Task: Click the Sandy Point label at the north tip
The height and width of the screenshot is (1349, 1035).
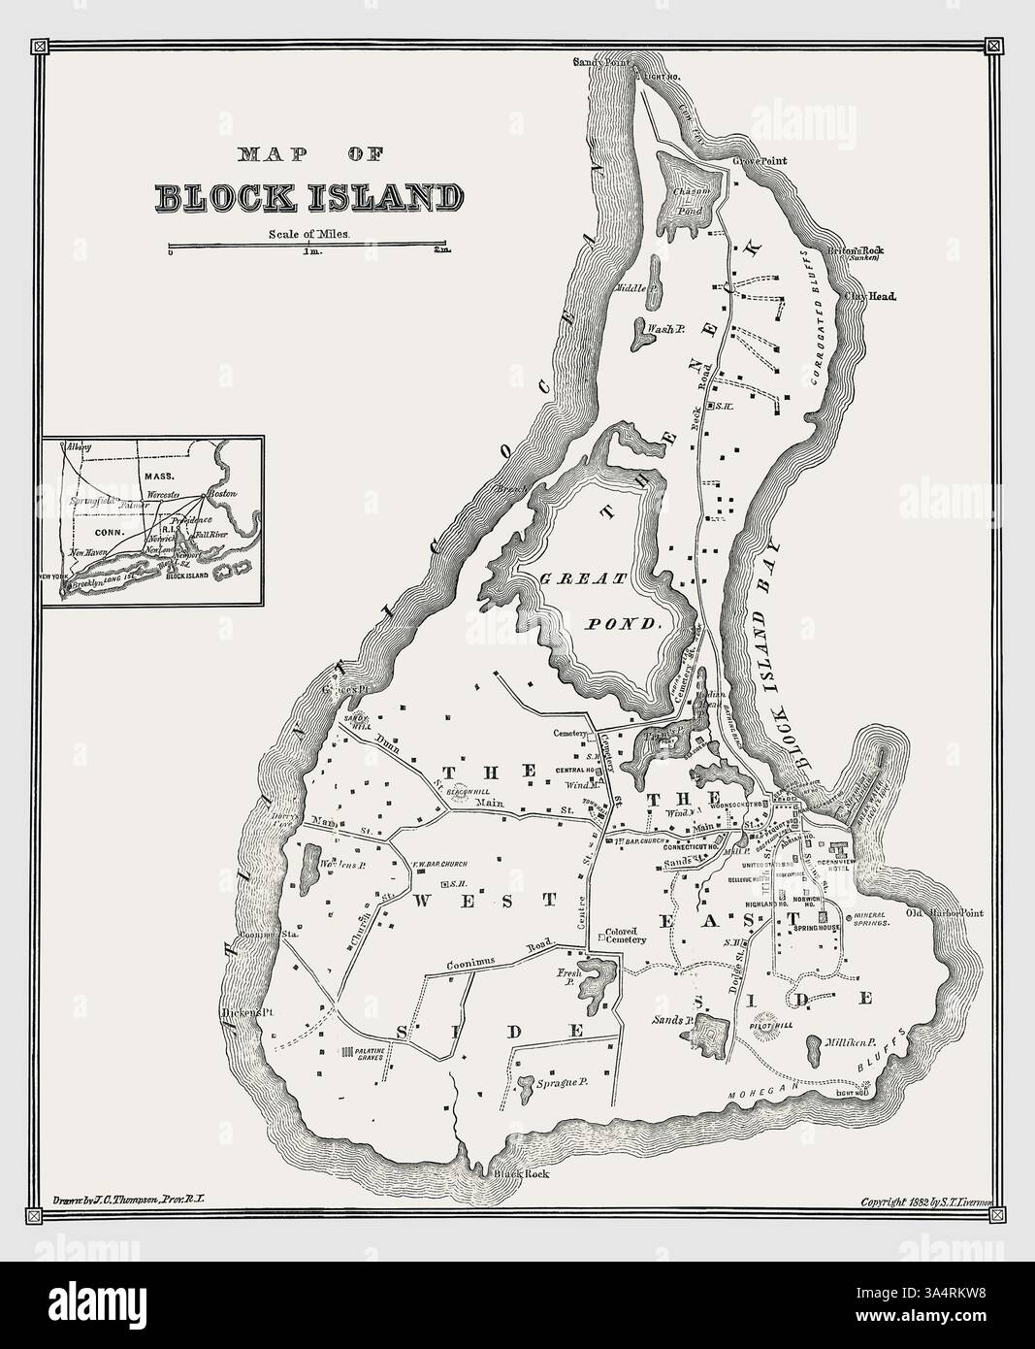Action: pos(600,62)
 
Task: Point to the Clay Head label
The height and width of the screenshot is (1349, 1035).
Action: pos(870,296)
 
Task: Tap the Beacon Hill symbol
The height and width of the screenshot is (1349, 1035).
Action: pos(466,793)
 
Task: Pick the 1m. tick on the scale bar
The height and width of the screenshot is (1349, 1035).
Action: pos(309,251)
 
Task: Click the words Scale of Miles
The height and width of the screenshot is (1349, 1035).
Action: pos(308,233)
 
